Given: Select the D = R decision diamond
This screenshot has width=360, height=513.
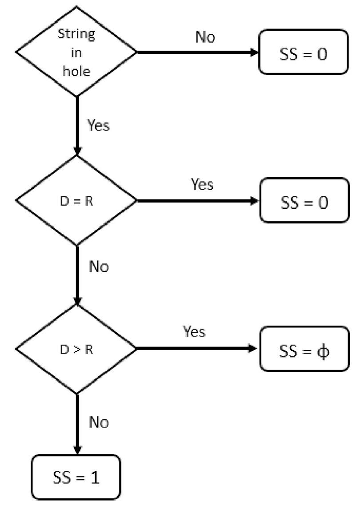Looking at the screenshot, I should point(76,201).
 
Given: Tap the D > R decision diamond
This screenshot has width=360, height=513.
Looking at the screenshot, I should point(76,349).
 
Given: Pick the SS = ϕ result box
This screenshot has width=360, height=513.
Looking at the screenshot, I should point(304,349).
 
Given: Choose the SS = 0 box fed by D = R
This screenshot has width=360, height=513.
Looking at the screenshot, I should point(304,201).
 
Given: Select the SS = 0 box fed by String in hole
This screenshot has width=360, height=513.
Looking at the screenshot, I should point(304,52).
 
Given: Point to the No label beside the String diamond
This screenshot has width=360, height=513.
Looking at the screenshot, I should point(204,37).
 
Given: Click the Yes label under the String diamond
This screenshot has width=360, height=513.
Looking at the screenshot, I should point(98,126).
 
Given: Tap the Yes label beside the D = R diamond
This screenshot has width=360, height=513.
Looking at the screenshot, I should point(202,184).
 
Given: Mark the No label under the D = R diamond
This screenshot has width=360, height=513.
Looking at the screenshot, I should point(99,267).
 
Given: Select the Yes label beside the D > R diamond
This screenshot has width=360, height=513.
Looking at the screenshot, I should point(194,331).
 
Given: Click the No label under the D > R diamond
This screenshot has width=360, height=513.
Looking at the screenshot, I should point(99,422).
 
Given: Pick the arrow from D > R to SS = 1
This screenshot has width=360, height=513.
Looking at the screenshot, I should point(77,424).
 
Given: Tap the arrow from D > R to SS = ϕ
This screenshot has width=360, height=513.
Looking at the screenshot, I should point(197,349).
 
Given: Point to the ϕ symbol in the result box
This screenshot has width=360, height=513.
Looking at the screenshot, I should point(324,351).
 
